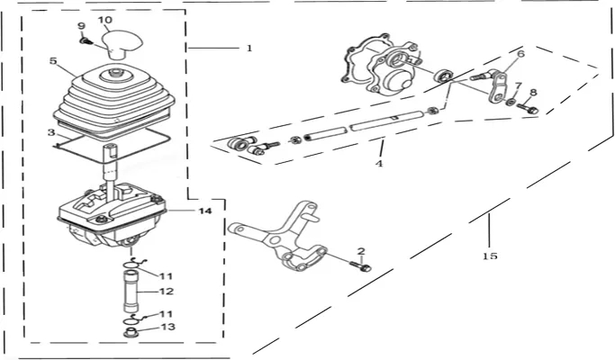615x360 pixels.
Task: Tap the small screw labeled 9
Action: coord(84,40)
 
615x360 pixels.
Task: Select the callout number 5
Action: coord(53,61)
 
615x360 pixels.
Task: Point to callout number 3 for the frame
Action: coord(51,132)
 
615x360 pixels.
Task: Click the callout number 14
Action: coord(205,211)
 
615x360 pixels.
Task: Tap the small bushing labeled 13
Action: coord(130,333)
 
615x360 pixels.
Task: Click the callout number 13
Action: coord(167,327)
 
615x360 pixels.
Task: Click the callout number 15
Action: coord(490,256)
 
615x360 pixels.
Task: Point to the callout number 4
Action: coord(379,163)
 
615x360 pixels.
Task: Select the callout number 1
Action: coord(249,49)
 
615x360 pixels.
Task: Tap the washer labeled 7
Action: coord(511,102)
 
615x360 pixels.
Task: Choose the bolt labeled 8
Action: coord(528,108)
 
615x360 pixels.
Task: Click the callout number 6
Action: coord(520,53)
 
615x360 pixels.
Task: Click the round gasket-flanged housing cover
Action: coord(381,67)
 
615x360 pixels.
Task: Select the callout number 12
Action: coord(167,292)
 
